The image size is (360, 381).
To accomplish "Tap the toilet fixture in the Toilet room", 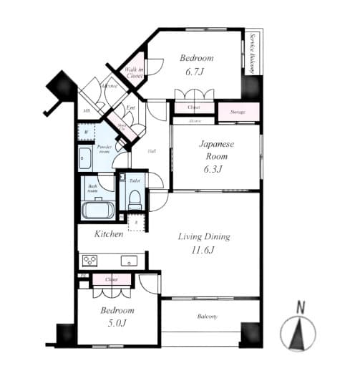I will pyautogui.click(x=134, y=197).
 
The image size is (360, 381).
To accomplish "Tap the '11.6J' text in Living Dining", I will pyautogui.click(x=204, y=251).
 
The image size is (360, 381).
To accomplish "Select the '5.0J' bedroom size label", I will pyautogui.click(x=117, y=324).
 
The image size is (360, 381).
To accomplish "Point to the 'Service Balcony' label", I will pyautogui.click(x=253, y=53).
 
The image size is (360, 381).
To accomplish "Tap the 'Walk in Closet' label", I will pyautogui.click(x=135, y=71).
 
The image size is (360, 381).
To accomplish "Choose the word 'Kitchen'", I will pyautogui.click(x=109, y=233).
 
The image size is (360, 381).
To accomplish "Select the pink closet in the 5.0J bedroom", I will pyautogui.click(x=110, y=279).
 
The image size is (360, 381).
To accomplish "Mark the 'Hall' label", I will pyautogui.click(x=152, y=151).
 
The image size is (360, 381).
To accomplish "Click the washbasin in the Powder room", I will pyautogui.click(x=85, y=158).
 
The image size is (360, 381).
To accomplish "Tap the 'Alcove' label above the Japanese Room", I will pyautogui.click(x=195, y=122).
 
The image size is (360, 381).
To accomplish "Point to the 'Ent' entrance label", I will pyautogui.click(x=131, y=108).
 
